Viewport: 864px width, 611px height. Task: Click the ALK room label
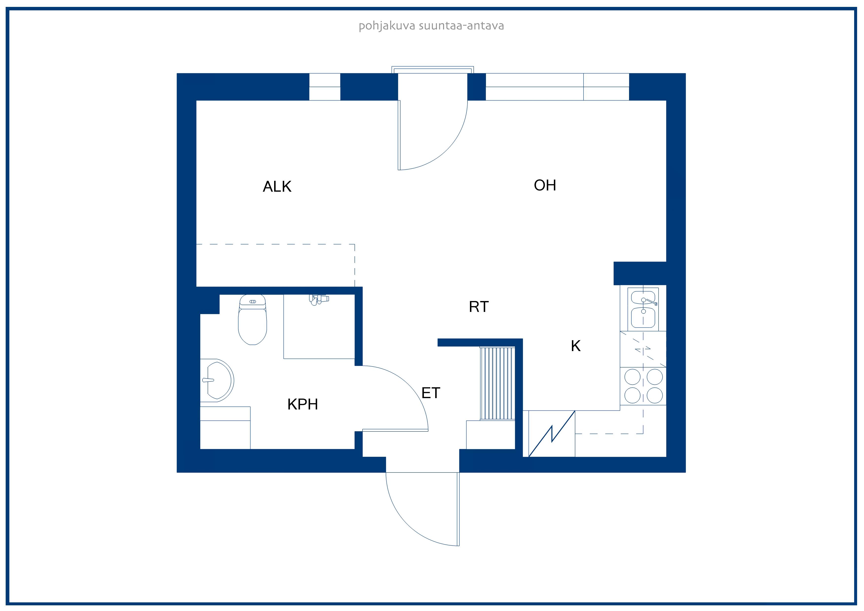[x=277, y=186]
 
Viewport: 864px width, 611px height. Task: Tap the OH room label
[x=545, y=185]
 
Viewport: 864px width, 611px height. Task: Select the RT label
[x=479, y=307]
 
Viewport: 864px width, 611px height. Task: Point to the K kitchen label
[x=576, y=346]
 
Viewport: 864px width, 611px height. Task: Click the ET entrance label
[x=431, y=393]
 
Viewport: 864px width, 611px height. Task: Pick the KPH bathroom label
[x=302, y=404]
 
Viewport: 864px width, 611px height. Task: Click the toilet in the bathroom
[x=252, y=320]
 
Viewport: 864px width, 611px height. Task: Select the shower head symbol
[x=319, y=300]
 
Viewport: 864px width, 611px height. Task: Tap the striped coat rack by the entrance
[x=497, y=384]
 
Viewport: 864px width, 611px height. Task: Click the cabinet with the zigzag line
[x=552, y=434]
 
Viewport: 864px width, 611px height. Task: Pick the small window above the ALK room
[x=325, y=87]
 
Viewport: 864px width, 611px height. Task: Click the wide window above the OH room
[x=557, y=87]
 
